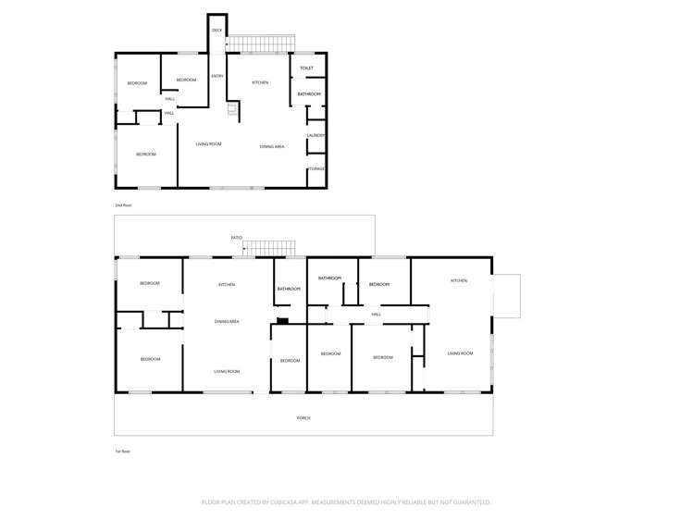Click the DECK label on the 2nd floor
pyautogui.click(x=217, y=31)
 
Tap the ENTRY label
pyautogui.click(x=217, y=76)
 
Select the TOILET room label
pyautogui.click(x=307, y=68)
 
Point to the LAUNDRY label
pyautogui.click(x=316, y=136)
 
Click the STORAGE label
pyautogui.click(x=316, y=168)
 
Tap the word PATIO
pyautogui.click(x=237, y=238)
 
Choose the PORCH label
pyautogui.click(x=303, y=418)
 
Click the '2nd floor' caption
pyautogui.click(x=123, y=204)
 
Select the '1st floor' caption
pyautogui.click(x=122, y=452)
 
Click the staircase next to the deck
pyautogui.click(x=262, y=43)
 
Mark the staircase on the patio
pyautogui.click(x=269, y=247)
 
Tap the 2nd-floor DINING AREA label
pyautogui.click(x=271, y=146)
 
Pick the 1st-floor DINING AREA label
pyautogui.click(x=227, y=321)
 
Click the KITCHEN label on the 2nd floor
pyautogui.click(x=261, y=83)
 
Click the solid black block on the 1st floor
pyautogui.click(x=283, y=321)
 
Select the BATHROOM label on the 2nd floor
pyautogui.click(x=309, y=94)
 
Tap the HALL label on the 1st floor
pyautogui.click(x=376, y=315)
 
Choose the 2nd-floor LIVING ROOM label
pyautogui.click(x=208, y=144)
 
